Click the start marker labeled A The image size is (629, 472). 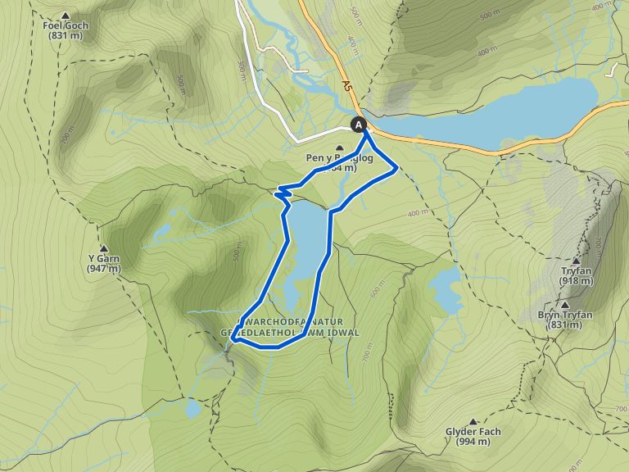(359, 125)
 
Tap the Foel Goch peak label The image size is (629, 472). (66, 30)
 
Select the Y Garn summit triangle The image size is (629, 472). (104, 248)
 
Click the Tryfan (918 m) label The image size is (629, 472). (576, 276)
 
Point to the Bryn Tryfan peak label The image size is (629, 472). (564, 320)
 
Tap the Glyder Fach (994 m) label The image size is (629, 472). (473, 437)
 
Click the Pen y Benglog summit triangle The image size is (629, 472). (339, 147)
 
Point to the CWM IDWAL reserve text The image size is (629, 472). (299, 327)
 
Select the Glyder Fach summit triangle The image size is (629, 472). (473, 421)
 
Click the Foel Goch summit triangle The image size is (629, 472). (66, 16)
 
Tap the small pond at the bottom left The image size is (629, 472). (192, 408)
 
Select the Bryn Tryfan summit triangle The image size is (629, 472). (564, 304)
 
